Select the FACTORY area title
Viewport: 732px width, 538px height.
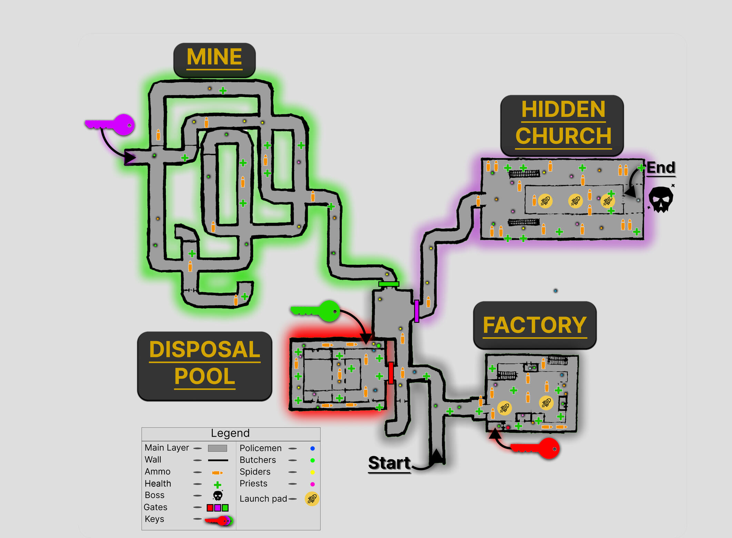pyautogui.click(x=534, y=325)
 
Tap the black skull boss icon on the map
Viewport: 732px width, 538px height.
pyautogui.click(x=660, y=199)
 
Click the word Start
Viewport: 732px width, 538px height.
pyautogui.click(x=389, y=463)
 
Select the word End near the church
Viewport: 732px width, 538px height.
pyautogui.click(x=660, y=168)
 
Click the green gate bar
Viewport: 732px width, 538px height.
pyautogui.click(x=389, y=284)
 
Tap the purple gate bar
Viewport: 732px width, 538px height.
pyautogui.click(x=417, y=311)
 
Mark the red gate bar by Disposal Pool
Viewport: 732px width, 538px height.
pyautogui.click(x=391, y=373)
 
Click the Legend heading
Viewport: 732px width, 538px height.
pyautogui.click(x=230, y=433)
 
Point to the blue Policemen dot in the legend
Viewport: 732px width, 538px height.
pyautogui.click(x=312, y=448)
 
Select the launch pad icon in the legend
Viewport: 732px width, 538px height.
pyautogui.click(x=312, y=499)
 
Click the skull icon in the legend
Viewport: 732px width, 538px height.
pyautogui.click(x=218, y=496)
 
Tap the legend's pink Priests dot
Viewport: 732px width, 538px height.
pyautogui.click(x=312, y=484)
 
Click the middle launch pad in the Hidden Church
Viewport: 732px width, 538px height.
pyautogui.click(x=575, y=201)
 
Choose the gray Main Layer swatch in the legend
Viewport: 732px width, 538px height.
pyautogui.click(x=217, y=448)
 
